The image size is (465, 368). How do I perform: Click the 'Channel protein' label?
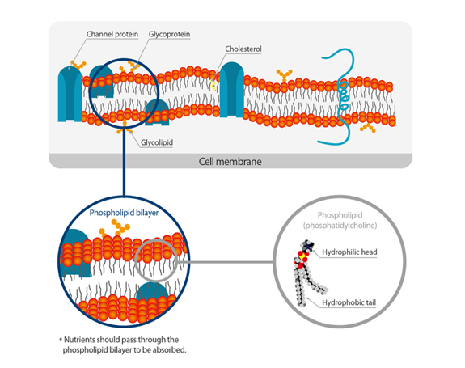click(112, 35)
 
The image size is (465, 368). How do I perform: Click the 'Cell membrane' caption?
click(230, 161)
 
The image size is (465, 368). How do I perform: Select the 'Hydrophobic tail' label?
click(349, 302)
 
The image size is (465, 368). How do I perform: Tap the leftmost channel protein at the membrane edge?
click(69, 87)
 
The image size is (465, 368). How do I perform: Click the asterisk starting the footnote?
click(61, 340)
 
